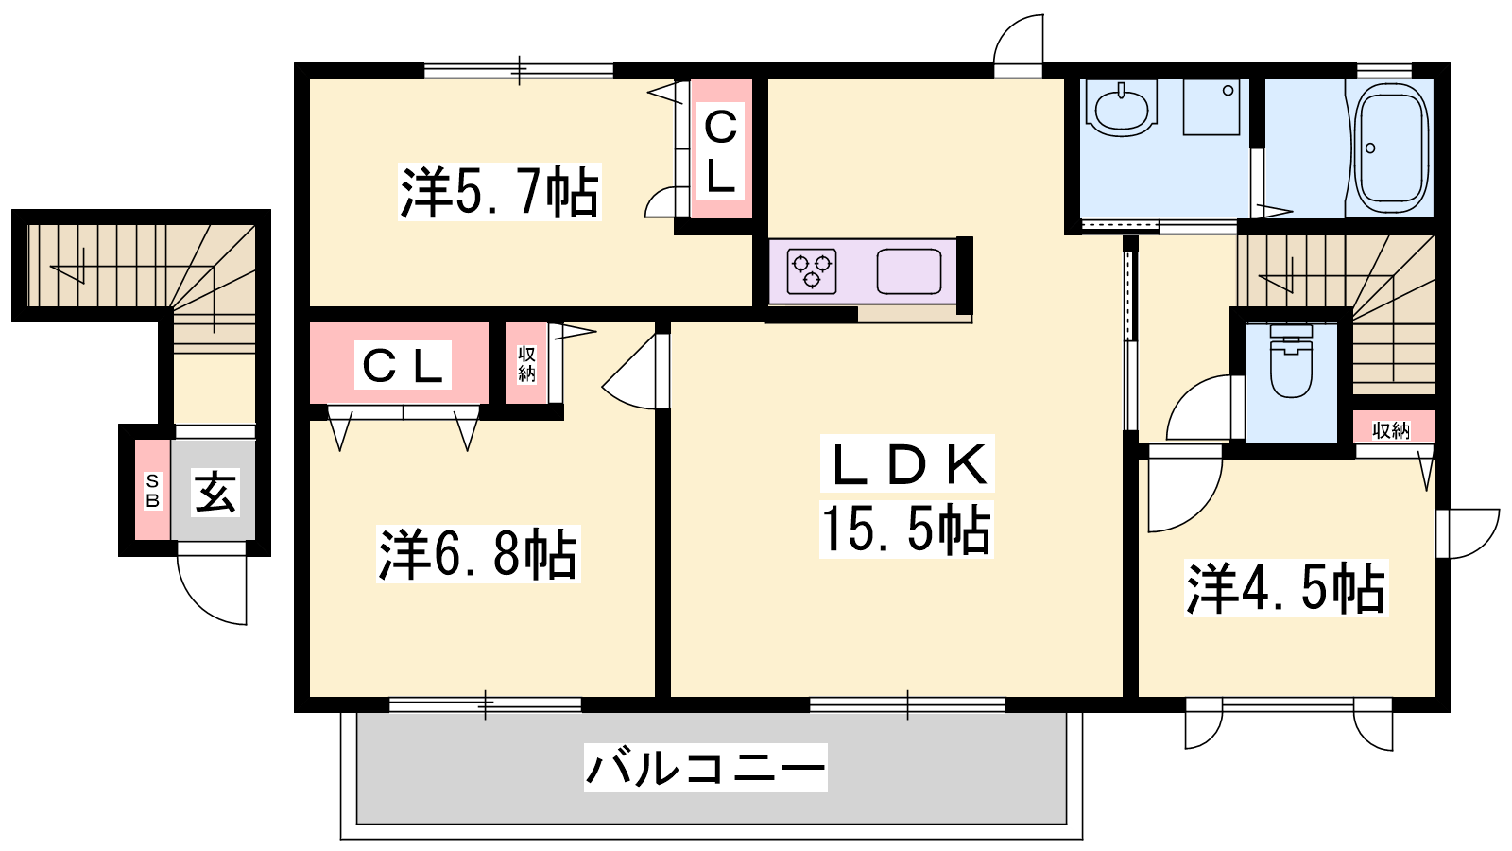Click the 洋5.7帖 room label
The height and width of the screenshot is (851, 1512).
[500, 192]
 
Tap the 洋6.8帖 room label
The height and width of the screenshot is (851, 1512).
[478, 554]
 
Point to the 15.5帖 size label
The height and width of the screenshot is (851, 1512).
[906, 530]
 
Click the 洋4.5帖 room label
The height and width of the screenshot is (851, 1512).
[1286, 587]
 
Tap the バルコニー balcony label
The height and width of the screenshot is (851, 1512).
[705, 768]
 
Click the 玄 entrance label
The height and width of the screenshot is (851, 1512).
[215, 492]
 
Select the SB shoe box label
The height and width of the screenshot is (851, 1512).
[152, 491]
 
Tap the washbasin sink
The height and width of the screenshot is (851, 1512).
[1122, 108]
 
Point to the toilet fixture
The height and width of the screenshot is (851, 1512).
[1291, 360]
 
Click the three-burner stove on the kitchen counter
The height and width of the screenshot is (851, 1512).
[812, 271]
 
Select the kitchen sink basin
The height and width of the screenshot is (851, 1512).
[909, 271]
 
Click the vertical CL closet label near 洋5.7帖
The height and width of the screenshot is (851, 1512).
[720, 151]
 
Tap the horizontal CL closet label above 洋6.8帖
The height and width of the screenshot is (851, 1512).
[403, 365]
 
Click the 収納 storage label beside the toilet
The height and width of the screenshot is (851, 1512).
[1391, 430]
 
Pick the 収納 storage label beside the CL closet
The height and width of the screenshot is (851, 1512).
[526, 364]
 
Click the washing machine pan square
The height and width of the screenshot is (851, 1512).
[1211, 107]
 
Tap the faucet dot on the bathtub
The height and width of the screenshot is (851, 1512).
[1370, 148]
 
